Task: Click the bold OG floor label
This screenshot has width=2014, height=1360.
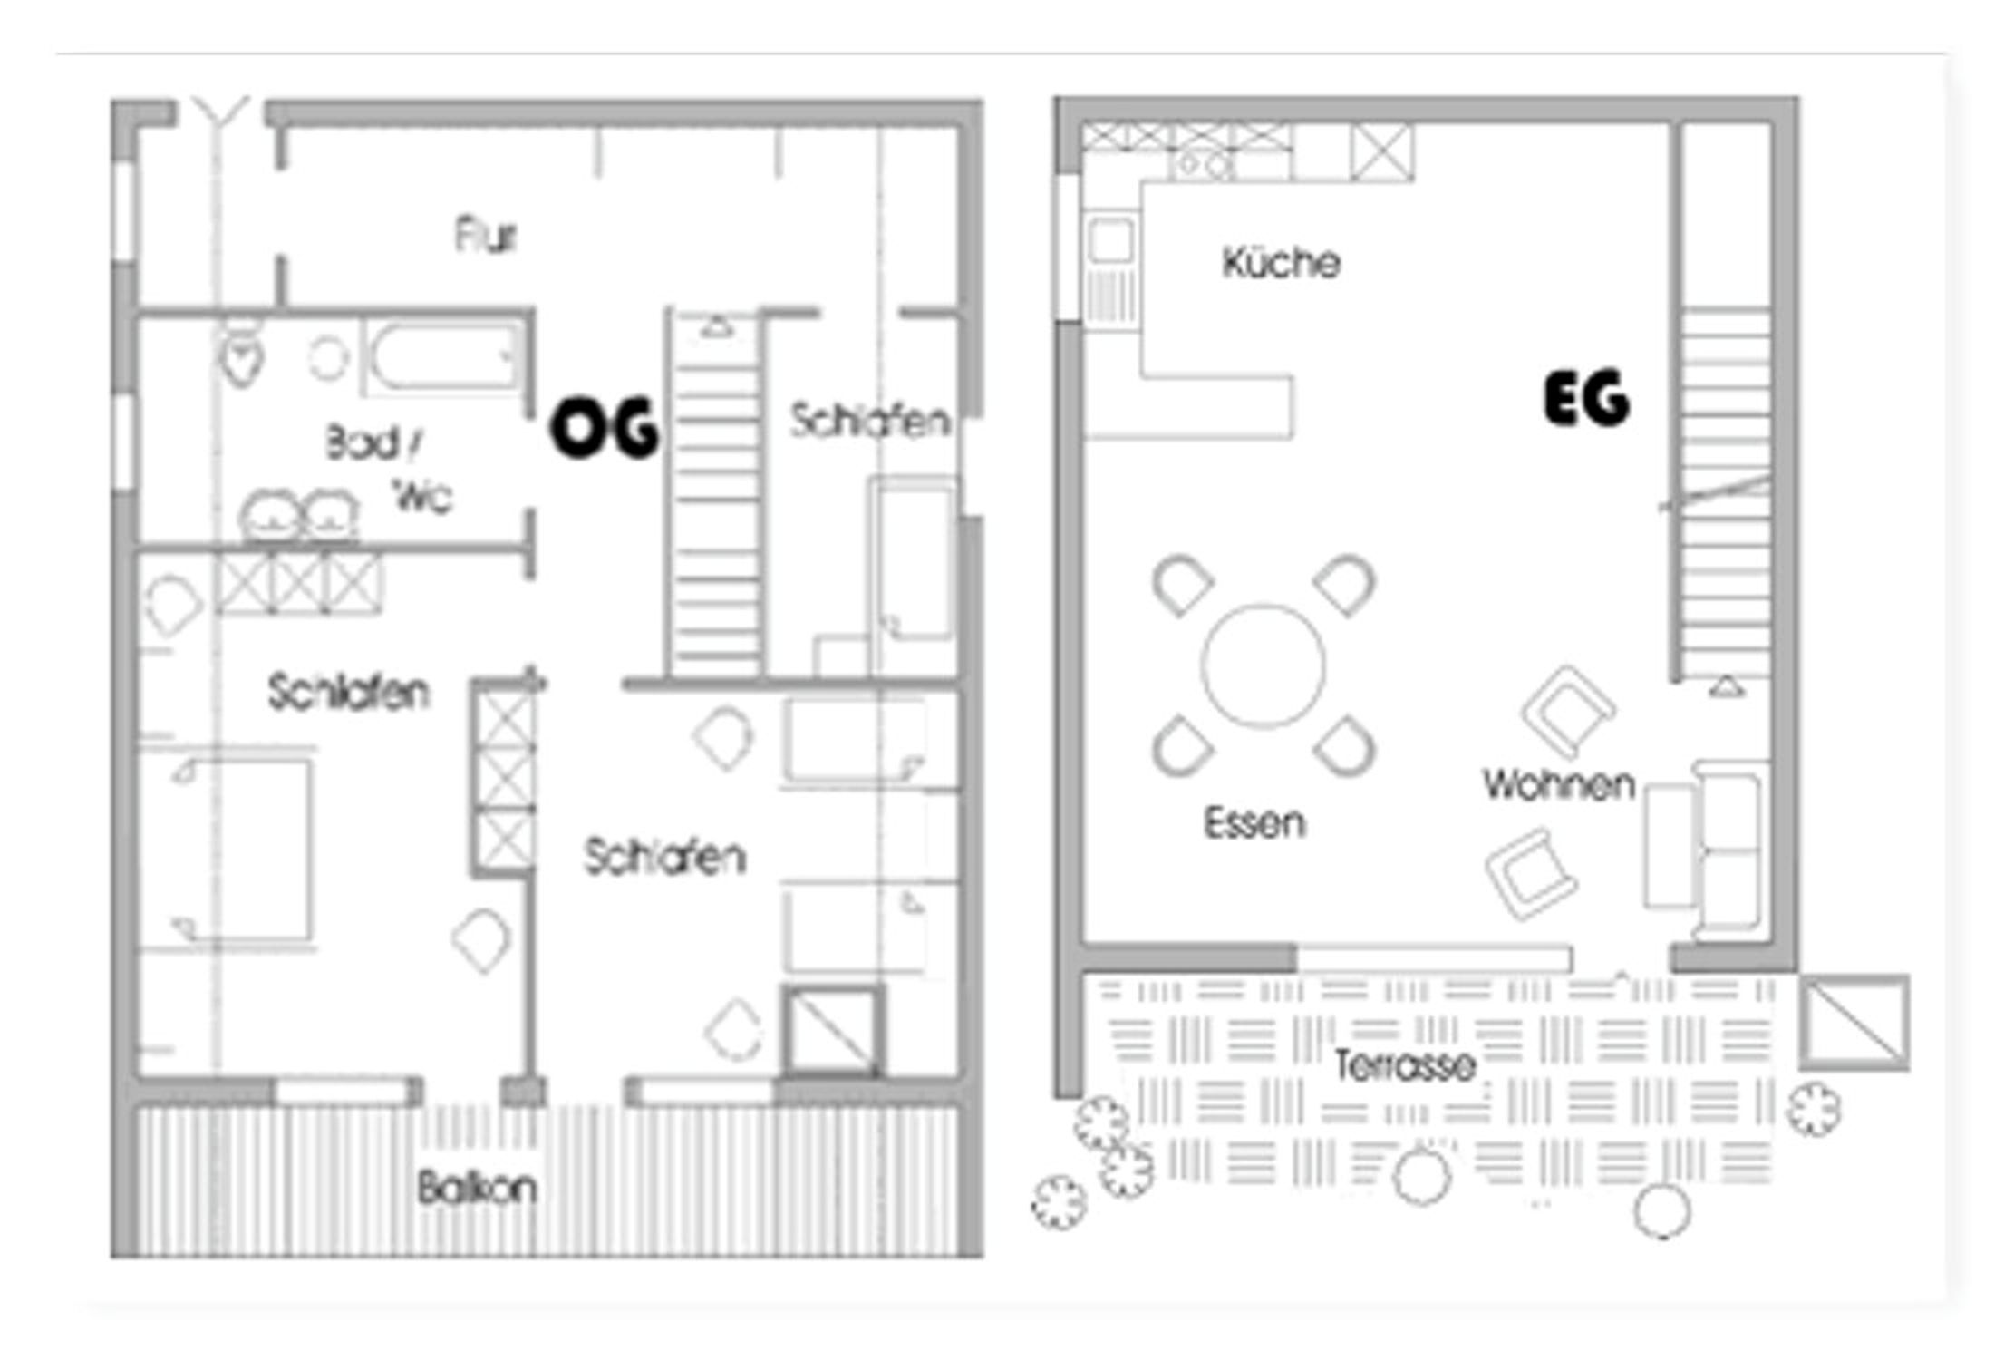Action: [605, 428]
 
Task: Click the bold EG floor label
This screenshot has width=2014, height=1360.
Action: [1586, 398]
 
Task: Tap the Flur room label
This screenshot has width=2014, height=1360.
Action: [486, 235]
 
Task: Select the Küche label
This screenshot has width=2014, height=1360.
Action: [1281, 263]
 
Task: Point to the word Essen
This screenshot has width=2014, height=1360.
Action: [1254, 823]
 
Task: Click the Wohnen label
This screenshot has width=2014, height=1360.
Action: [1559, 784]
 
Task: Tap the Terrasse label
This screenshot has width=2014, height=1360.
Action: [1405, 1065]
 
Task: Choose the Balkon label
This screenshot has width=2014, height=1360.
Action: [477, 1188]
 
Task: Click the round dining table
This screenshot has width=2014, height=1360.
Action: [1264, 665]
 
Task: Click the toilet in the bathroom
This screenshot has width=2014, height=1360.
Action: [242, 352]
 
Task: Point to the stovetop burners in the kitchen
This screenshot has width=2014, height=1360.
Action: [1202, 165]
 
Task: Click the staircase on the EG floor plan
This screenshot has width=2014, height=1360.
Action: [1725, 494]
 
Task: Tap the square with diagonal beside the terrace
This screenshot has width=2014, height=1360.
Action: [1854, 1022]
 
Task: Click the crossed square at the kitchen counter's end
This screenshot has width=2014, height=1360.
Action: [1380, 152]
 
